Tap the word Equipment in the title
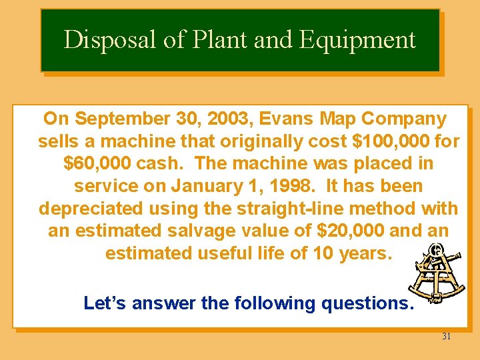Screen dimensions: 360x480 (357, 40)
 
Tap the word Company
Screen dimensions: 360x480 (404, 119)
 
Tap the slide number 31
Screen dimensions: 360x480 (446, 337)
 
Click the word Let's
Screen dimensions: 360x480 (105, 303)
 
